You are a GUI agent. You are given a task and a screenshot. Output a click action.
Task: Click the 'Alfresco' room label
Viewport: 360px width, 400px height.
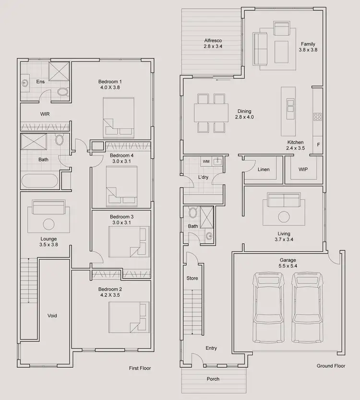point(213,40)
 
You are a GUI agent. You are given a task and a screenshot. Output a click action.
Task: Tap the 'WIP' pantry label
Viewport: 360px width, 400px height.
point(303,169)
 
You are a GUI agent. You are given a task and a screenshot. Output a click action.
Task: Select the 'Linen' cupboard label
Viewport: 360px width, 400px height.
point(264,169)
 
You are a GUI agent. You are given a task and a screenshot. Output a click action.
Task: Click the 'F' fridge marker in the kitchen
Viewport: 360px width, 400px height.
point(318,144)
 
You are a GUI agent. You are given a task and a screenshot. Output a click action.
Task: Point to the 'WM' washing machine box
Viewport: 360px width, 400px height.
point(205,162)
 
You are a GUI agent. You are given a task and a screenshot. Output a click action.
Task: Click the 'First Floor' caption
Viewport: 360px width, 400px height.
point(140,368)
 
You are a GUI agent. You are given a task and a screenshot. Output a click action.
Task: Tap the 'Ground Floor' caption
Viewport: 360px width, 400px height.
point(331,366)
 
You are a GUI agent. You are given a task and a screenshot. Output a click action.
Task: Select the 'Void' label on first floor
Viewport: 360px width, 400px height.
point(52,316)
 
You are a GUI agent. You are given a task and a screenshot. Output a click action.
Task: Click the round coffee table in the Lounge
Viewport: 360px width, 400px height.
point(48,224)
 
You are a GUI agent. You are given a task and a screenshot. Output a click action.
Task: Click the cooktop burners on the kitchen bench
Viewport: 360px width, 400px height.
point(317,117)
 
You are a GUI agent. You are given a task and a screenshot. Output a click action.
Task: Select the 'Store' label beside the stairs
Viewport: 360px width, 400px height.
point(192,278)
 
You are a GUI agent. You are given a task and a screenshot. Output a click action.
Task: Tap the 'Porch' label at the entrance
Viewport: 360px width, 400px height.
point(213,379)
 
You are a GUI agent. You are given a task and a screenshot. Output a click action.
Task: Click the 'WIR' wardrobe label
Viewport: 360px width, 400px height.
point(45,114)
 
